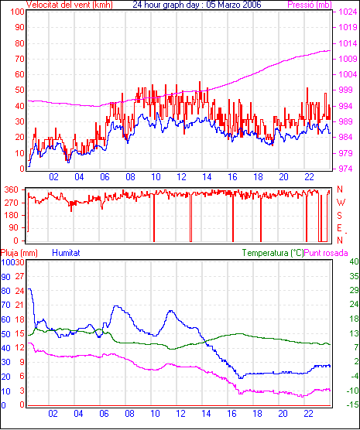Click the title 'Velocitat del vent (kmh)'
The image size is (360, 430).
69,5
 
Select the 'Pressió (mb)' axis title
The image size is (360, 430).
310,5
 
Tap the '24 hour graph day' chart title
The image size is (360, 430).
167,5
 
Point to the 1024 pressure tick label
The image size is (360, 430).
348,12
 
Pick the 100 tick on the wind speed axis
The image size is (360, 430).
17,12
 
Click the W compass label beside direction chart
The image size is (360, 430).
341,203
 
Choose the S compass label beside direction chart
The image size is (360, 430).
340,216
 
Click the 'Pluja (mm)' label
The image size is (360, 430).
19,253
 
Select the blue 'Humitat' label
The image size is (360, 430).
66,253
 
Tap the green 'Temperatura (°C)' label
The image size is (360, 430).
273,253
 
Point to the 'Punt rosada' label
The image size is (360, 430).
326,253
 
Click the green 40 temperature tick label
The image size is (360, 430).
354,261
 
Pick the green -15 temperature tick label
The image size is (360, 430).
353,404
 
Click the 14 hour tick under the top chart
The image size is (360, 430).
207,177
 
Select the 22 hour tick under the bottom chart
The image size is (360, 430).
308,413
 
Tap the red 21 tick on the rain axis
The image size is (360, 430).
20,305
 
